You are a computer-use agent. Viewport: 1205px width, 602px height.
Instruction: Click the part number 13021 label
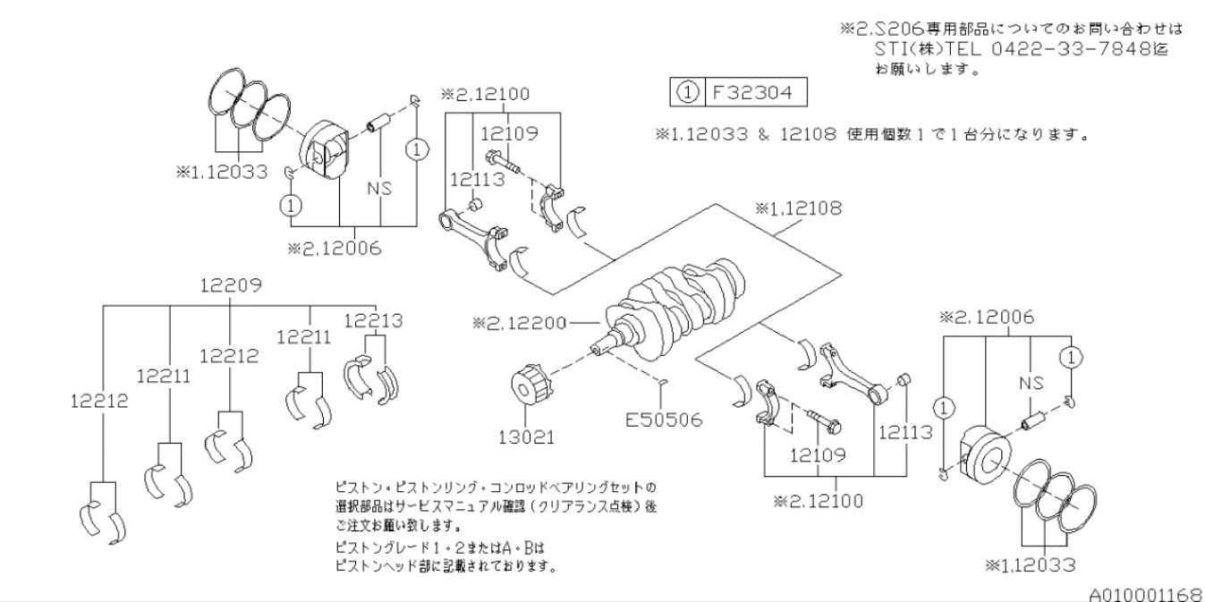click(530, 437)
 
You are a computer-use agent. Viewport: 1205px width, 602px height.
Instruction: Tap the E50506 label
click(666, 419)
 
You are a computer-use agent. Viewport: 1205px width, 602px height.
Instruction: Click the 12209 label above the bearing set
click(231, 286)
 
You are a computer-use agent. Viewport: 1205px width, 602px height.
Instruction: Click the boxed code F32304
click(754, 92)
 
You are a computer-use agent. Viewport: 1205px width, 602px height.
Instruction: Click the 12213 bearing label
click(374, 320)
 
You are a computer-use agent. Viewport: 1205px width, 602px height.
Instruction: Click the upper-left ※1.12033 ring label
click(221, 173)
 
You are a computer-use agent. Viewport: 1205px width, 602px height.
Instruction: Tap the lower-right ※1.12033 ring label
click(1031, 564)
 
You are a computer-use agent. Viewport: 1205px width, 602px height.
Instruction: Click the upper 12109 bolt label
click(509, 133)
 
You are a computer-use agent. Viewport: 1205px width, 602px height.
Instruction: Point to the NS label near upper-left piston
click(381, 188)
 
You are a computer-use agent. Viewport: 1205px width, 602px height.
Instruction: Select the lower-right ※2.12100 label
click(819, 500)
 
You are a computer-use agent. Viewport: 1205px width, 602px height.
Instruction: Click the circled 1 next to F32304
click(683, 92)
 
